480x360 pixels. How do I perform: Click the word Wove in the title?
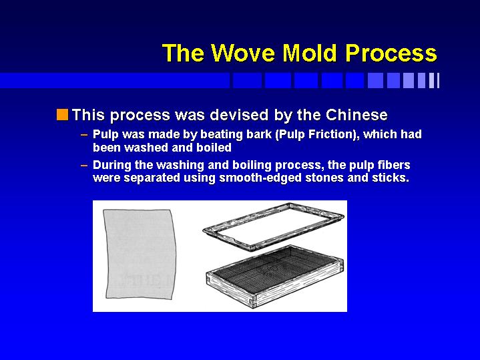tap(244, 53)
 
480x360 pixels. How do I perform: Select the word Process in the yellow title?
tap(391, 53)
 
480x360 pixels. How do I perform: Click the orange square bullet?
tap(63, 115)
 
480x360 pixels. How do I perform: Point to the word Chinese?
tap(356, 115)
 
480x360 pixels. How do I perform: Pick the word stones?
tap(324, 178)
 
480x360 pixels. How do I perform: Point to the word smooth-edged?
tap(260, 178)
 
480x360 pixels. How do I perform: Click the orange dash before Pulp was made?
tap(84, 135)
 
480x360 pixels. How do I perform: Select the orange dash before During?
tap(84, 166)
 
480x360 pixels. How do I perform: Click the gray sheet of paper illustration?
tap(140, 254)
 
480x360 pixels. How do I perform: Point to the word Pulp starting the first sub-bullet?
tap(105, 135)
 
